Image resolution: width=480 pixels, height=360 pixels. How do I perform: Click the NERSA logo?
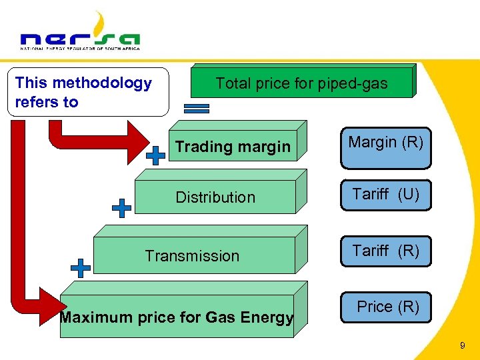80,33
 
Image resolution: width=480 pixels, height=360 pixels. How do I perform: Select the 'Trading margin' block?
233,147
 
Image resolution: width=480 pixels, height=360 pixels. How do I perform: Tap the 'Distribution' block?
215,197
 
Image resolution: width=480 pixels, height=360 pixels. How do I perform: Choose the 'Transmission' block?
193,256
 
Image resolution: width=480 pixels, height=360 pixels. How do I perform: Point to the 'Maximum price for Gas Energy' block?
177,317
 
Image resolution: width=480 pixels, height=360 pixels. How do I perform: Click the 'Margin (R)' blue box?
386,147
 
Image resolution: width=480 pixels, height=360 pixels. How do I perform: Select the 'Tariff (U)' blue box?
386,195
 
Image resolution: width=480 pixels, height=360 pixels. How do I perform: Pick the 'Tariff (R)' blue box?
386,251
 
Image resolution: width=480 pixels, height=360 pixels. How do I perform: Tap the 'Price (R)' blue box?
386,307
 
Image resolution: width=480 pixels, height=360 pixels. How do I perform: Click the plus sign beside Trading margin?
155,155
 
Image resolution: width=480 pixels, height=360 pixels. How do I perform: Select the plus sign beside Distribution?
121,208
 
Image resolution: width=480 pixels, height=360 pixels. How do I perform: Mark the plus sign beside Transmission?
81,268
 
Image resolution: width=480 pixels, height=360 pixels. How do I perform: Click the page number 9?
462,346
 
